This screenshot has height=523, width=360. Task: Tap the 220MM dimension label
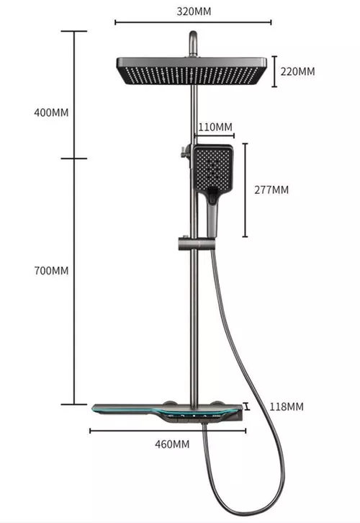coord(297,71)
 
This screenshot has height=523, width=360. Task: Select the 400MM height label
coord(51,112)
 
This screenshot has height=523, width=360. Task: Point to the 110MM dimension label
coord(215,128)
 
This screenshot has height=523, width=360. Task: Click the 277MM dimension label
coord(271,190)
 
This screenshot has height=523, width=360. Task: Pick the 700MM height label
coord(51,271)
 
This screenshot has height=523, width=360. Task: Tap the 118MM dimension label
coord(286,407)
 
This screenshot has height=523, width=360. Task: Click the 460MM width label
coord(172,444)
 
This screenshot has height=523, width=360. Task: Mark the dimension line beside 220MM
coord(274,71)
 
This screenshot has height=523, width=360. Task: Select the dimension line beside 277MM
coord(246,190)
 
